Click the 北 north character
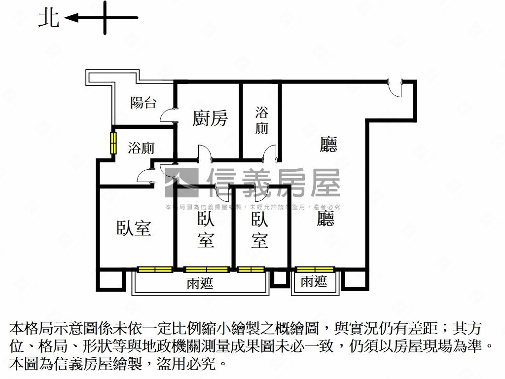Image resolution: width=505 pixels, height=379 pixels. pyautogui.click(x=49, y=18)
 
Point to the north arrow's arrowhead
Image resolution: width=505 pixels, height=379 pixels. pyautogui.click(x=70, y=18)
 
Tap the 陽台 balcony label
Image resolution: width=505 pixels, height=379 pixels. pyautogui.click(x=144, y=103)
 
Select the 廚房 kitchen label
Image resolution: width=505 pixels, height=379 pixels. pyautogui.click(x=210, y=118)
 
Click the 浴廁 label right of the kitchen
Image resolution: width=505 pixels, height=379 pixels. pyautogui.click(x=262, y=120)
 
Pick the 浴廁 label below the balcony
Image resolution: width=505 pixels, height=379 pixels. pyautogui.click(x=142, y=148)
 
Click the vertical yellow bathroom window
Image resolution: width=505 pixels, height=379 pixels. pyautogui.click(x=113, y=143)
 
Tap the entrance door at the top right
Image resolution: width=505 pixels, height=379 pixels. pyautogui.click(x=396, y=88)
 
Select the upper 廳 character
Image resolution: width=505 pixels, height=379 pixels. pyautogui.click(x=328, y=145)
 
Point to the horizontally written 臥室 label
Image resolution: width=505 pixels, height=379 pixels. pyautogui.click(x=134, y=228)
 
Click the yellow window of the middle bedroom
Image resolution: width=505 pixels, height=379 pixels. pyautogui.click(x=207, y=269)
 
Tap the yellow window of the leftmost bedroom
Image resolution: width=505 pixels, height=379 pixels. pyautogui.click(x=155, y=269)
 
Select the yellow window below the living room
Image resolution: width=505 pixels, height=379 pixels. pyautogui.click(x=315, y=269)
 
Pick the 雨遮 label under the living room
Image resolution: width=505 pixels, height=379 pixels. pyautogui.click(x=314, y=282)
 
